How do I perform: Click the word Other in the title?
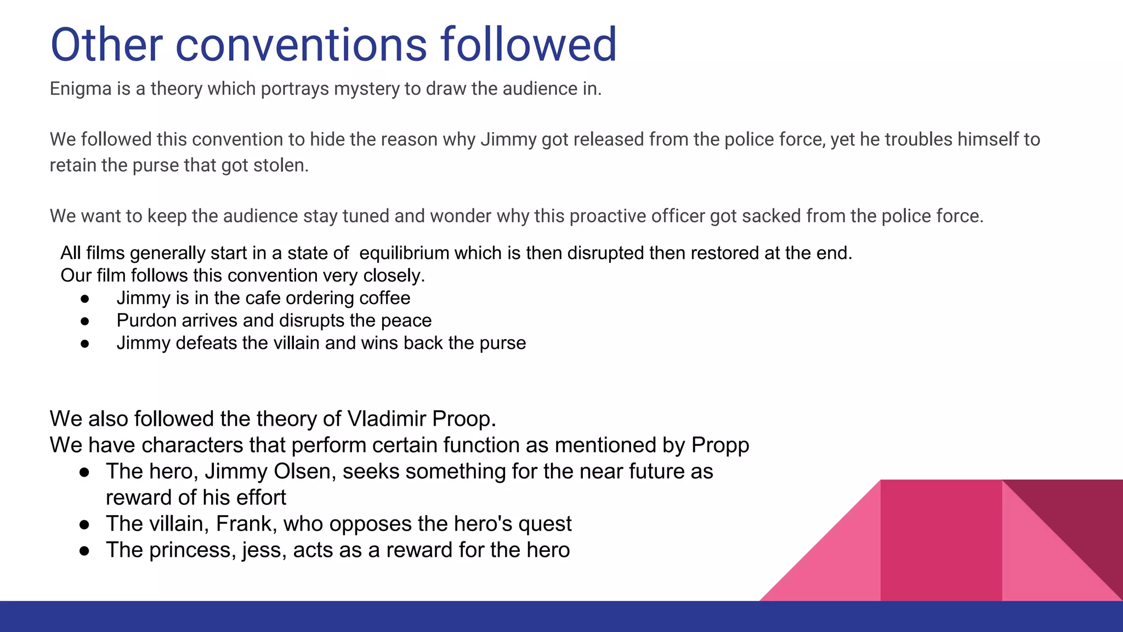[106, 44]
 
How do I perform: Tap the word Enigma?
[81, 89]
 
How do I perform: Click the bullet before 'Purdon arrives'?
[84, 321]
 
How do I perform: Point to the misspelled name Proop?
[464, 419]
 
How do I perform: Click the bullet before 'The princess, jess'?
[84, 551]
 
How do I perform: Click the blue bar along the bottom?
[561, 617]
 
